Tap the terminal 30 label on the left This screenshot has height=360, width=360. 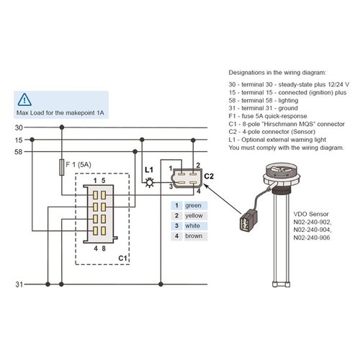point(19,127)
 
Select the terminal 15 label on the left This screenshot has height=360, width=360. point(19,140)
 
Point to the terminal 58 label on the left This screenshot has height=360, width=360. point(19,153)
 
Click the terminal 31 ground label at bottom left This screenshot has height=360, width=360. point(19,284)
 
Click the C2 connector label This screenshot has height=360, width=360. point(210,176)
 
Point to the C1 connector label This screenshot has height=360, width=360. point(122,256)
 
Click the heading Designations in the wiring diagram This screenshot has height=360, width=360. point(277,73)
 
